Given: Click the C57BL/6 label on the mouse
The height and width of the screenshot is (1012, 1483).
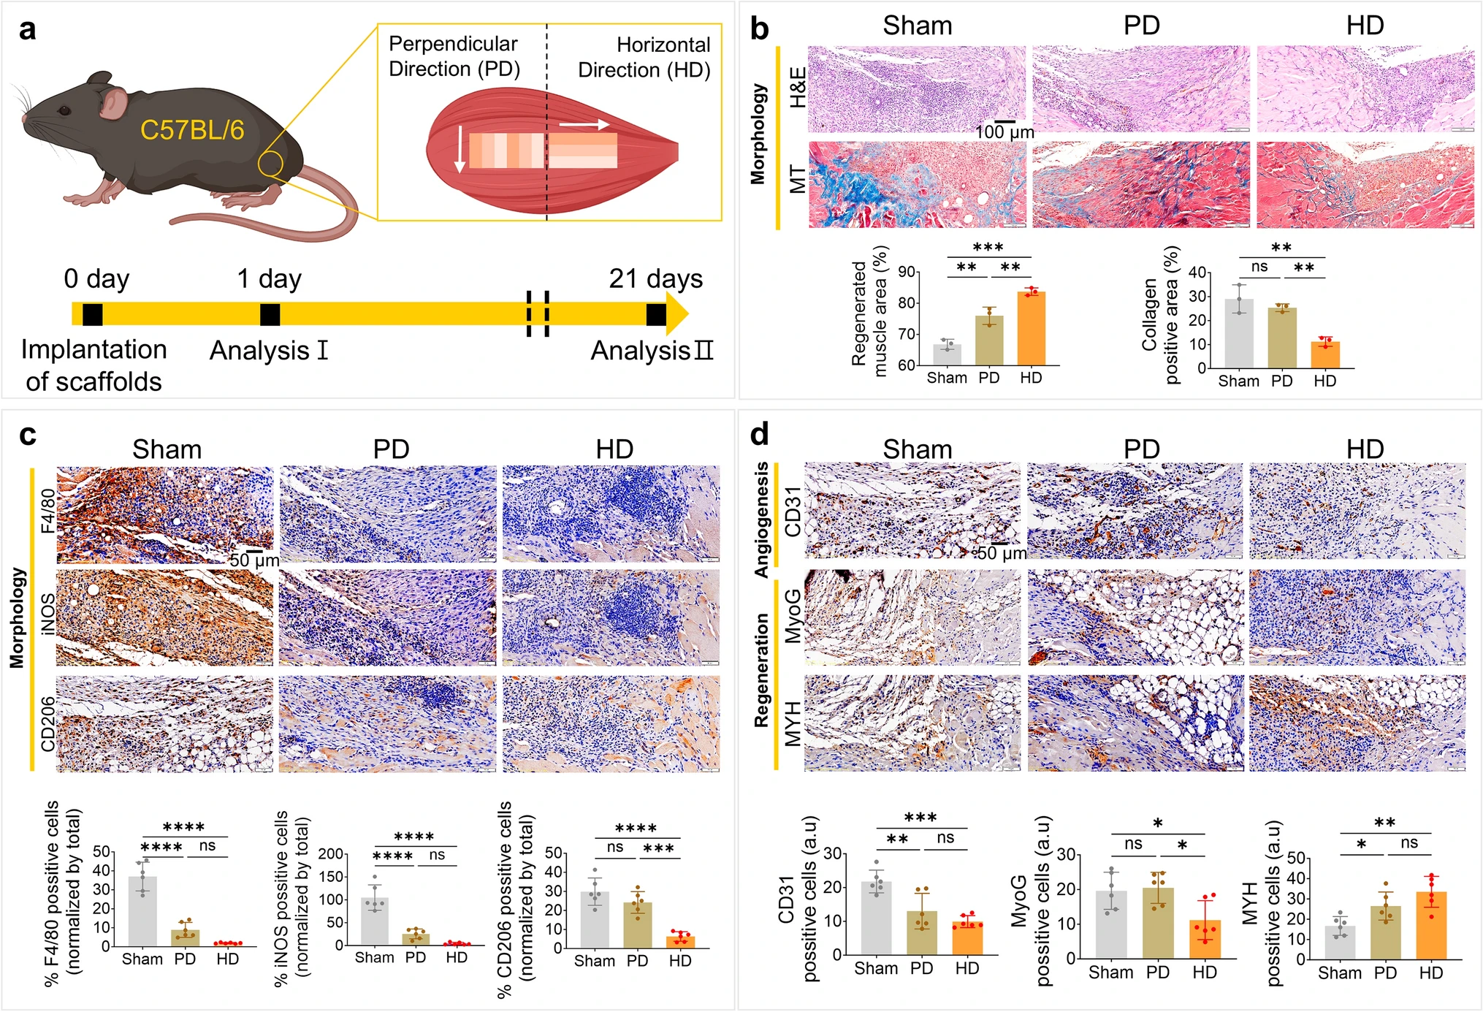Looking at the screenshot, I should click(191, 130).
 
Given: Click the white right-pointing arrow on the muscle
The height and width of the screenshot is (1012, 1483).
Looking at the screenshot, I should click(584, 125).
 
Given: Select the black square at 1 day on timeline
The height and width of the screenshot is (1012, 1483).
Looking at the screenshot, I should click(270, 314).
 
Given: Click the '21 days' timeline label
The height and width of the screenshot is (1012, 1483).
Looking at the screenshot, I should click(655, 278).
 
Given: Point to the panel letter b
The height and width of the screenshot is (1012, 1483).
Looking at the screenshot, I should click(759, 29).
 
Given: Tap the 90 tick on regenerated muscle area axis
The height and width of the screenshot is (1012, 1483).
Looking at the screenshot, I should click(907, 272).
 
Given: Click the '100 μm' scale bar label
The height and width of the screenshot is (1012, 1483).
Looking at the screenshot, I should click(1004, 132).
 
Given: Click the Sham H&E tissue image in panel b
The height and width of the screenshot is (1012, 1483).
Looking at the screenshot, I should click(917, 89).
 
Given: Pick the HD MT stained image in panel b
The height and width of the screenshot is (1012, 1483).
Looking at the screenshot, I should click(1365, 185).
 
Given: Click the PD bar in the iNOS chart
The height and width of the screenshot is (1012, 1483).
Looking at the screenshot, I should click(416, 939).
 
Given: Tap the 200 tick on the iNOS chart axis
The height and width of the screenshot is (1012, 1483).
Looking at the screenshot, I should click(331, 853).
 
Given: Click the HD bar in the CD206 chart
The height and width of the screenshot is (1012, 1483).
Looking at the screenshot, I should click(680, 942).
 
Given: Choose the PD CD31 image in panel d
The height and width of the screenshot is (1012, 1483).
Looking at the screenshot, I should click(1135, 510).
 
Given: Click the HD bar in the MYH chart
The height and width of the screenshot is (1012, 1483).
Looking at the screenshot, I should click(1430, 925).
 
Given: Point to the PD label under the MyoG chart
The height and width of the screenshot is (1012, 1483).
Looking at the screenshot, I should click(1157, 973).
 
